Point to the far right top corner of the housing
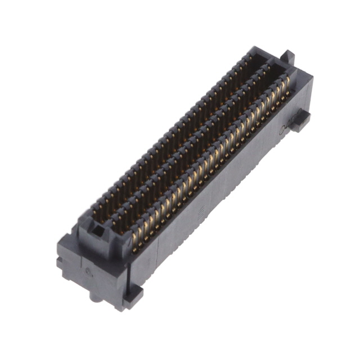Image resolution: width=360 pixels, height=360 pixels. [309, 78]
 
